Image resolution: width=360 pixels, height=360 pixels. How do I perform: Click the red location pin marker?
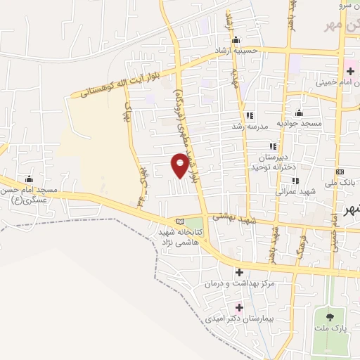(180, 166)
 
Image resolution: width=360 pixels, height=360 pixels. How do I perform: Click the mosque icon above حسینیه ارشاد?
(236, 39)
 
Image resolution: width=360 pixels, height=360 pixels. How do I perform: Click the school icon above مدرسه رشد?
(249, 115)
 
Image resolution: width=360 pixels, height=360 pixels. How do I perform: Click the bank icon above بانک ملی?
(340, 172)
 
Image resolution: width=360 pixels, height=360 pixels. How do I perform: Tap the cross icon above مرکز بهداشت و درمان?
(239, 272)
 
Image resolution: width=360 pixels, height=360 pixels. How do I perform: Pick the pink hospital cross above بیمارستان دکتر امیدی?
(239, 307)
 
